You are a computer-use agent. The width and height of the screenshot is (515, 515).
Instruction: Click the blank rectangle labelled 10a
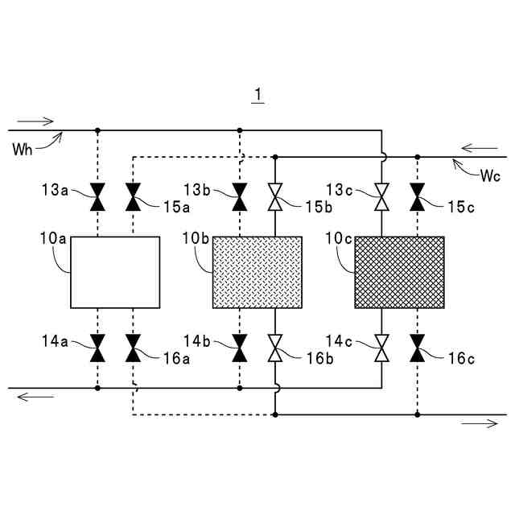115,272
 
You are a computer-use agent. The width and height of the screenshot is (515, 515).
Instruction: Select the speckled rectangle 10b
257,272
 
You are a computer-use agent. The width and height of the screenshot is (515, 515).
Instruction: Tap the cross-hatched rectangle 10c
399,272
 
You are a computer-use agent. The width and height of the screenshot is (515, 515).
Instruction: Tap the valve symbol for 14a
97,348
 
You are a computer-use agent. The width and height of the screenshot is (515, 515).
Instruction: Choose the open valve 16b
275,348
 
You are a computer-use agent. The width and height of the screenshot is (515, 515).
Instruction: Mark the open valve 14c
381,348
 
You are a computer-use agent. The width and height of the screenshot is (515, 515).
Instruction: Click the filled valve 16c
417,348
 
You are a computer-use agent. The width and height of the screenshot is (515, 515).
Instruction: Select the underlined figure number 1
257,96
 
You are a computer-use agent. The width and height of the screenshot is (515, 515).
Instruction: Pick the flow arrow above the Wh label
35,122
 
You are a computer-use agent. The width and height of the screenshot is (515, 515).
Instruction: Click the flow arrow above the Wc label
480,148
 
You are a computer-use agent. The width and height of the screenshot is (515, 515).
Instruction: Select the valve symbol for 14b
240,348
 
